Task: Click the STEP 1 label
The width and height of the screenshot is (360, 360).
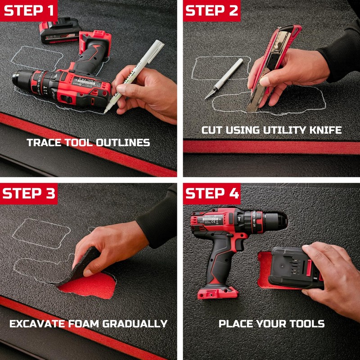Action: click(29, 10)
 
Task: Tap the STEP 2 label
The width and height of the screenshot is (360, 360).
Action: click(211, 10)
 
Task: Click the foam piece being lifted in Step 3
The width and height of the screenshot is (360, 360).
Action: click(85, 261)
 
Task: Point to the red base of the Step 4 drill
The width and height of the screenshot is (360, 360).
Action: click(215, 293)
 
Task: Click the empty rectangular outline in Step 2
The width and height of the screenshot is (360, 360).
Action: click(220, 67)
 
